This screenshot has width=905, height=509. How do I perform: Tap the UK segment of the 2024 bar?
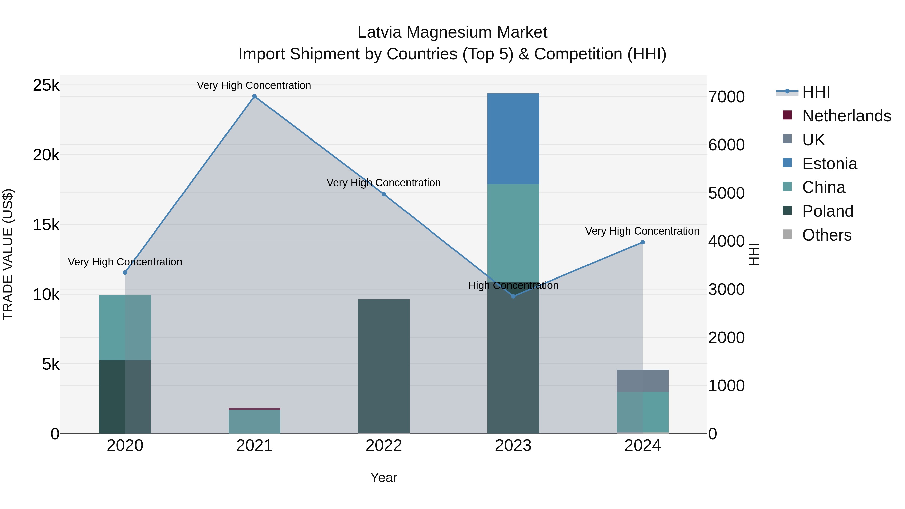point(643,381)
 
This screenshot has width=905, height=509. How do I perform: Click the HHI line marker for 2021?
point(254,96)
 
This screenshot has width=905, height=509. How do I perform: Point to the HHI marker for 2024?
point(643,242)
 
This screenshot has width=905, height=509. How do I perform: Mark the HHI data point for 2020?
point(125,272)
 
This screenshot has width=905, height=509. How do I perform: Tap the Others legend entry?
point(826,235)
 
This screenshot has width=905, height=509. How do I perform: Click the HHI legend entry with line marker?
point(816,92)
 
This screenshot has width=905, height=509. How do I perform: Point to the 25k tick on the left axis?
point(46,85)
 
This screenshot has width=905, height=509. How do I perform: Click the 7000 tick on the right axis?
point(726,97)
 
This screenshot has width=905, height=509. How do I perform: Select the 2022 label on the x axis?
point(384,446)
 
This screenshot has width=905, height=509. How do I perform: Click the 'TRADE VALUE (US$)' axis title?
point(8,254)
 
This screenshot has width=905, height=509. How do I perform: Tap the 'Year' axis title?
point(384,477)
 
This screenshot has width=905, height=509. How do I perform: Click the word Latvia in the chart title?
point(379,32)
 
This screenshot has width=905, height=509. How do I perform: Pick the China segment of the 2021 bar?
point(254,422)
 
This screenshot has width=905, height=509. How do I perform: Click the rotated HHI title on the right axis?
point(754,254)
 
